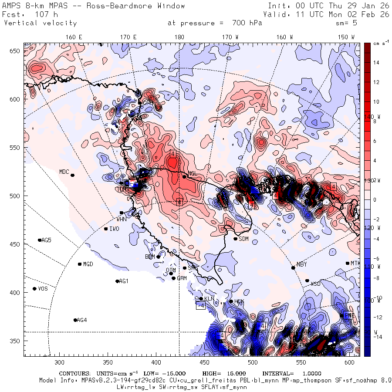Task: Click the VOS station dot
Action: (x=35, y=289)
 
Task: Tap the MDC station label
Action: (x=64, y=172)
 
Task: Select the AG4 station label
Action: (x=82, y=320)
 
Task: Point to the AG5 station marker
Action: (x=40, y=240)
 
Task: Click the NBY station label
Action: (x=301, y=264)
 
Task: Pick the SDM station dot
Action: (x=236, y=239)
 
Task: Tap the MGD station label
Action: (x=88, y=264)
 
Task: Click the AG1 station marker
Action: (x=117, y=281)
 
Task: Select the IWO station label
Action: (x=114, y=229)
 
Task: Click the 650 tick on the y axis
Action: (x=16, y=51)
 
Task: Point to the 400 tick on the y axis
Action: (x=16, y=292)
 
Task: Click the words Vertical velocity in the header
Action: (x=41, y=23)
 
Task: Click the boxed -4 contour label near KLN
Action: (x=201, y=306)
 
